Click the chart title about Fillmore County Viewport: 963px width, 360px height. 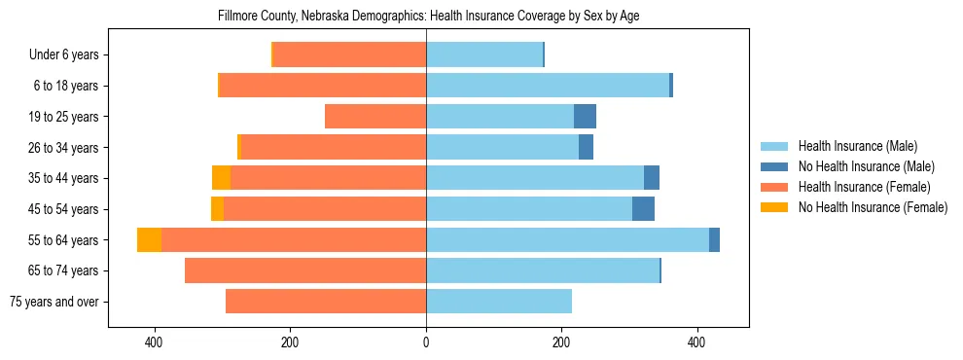tap(426, 17)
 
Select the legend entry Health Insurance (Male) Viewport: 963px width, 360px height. tap(857, 147)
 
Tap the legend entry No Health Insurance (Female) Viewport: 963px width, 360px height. tap(873, 207)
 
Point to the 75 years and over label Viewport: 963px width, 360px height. tap(53, 302)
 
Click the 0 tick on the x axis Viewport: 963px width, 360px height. tap(426, 343)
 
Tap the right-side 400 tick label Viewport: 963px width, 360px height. tap(696, 343)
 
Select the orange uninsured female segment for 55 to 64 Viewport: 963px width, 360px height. tap(149, 240)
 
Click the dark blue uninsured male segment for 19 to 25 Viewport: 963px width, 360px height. tap(585, 117)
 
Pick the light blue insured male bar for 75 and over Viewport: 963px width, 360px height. tap(498, 302)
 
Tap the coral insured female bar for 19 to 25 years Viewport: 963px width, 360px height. tap(375, 117)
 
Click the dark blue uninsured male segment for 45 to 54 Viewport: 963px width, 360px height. tap(643, 209)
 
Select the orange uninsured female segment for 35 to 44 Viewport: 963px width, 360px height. tap(221, 178)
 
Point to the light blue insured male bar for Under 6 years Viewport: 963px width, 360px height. tap(483, 55)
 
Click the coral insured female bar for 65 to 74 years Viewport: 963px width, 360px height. tap(305, 270)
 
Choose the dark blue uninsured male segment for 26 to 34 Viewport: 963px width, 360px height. tap(586, 148)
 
